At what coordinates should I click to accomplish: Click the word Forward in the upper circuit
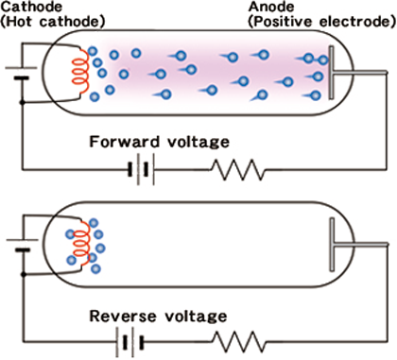(125, 142)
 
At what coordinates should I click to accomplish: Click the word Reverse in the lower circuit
(123, 316)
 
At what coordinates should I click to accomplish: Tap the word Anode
(271, 7)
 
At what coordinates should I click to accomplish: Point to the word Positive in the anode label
(283, 22)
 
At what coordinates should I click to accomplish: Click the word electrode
(354, 22)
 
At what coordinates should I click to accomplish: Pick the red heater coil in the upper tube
(80, 72)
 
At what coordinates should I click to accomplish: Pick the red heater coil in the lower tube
(81, 243)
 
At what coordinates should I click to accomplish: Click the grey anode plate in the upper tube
(332, 73)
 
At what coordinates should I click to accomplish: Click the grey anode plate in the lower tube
(332, 245)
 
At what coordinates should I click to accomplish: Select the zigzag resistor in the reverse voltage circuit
(239, 341)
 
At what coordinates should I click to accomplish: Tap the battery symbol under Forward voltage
(141, 169)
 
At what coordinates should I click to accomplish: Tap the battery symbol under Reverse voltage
(129, 342)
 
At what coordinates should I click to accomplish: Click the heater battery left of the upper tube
(21, 73)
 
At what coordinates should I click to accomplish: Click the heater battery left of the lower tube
(23, 245)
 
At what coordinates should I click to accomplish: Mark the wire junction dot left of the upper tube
(22, 102)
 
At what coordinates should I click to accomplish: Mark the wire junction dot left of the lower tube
(24, 275)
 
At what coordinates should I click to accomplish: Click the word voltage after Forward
(198, 143)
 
